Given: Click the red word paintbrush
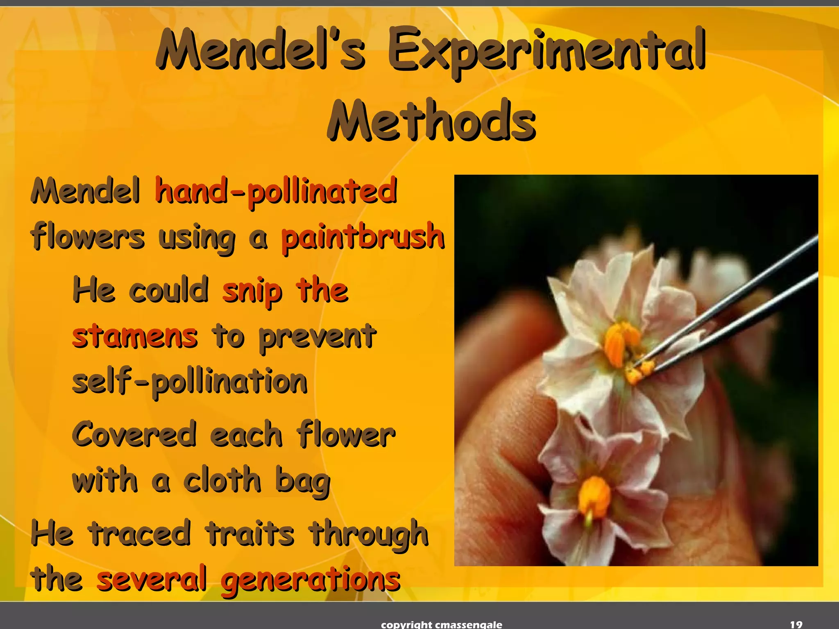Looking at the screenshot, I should coord(363,237).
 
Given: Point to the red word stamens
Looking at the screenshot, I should coord(135,337).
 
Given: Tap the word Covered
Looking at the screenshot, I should coord(134,434).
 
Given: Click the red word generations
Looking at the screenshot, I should coord(310,579).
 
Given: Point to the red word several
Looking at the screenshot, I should coord(151,578).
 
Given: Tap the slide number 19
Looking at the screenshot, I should coord(796,624).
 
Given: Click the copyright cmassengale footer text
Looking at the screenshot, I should coord(441,624).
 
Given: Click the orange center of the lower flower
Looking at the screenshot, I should coord(594,496).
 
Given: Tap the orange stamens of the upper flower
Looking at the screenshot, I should coord(619,342).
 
